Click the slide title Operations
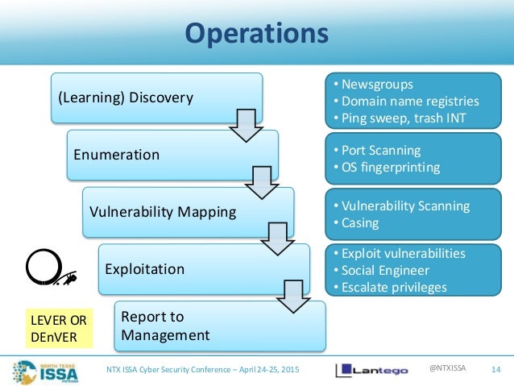(x=256, y=35)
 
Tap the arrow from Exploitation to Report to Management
(x=292, y=297)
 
